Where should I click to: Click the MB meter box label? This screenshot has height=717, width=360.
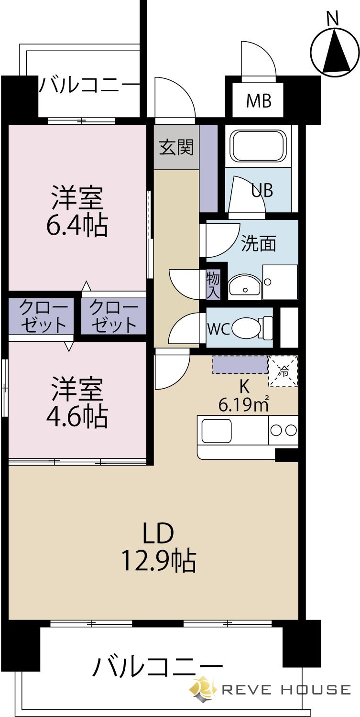(x=259, y=101)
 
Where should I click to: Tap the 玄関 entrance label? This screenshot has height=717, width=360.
(x=176, y=147)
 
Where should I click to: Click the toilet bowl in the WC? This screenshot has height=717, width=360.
(x=245, y=328)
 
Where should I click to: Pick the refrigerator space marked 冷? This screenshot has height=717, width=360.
(x=283, y=371)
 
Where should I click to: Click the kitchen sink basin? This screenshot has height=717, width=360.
(x=216, y=431)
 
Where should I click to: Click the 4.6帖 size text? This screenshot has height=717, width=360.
(x=77, y=418)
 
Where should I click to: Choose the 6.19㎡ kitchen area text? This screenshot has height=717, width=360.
(x=243, y=405)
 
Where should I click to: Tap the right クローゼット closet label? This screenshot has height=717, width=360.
(x=113, y=317)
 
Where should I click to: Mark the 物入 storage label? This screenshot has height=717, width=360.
(x=213, y=284)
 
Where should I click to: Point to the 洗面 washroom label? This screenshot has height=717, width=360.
(x=259, y=243)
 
